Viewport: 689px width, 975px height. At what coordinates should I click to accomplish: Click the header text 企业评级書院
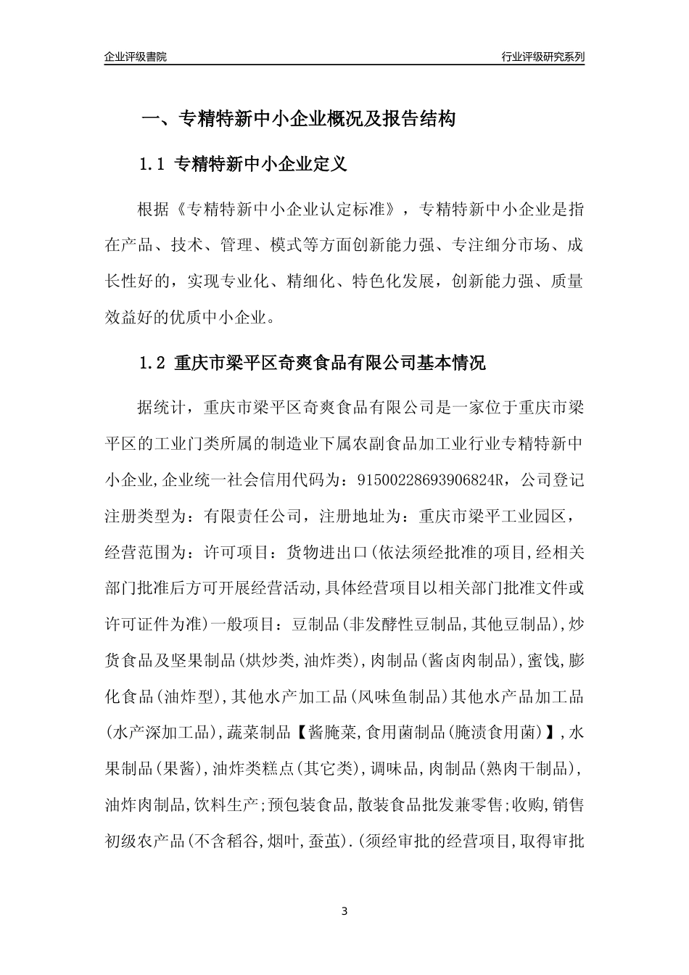(136, 57)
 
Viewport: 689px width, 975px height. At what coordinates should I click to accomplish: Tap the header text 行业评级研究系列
(542, 57)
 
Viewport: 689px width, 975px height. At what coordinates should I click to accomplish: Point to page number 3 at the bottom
(344, 911)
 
